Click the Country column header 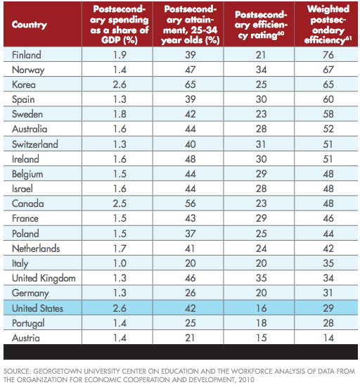(x=30, y=25)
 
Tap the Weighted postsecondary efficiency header (x=328, y=25)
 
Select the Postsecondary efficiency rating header (x=261, y=25)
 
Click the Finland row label (x=27, y=55)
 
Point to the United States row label (x=37, y=308)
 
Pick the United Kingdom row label (x=44, y=279)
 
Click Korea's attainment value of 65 (x=191, y=84)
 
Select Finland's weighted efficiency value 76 (x=328, y=55)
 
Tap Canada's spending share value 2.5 (x=120, y=203)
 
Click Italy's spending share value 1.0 (x=120, y=263)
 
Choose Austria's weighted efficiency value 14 (x=328, y=338)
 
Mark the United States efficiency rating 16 (x=261, y=308)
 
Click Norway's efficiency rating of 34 (x=261, y=70)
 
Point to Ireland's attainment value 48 (x=191, y=159)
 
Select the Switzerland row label (x=35, y=144)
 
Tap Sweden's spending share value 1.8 (x=120, y=114)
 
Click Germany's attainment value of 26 (x=191, y=293)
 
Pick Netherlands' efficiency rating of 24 (x=261, y=248)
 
